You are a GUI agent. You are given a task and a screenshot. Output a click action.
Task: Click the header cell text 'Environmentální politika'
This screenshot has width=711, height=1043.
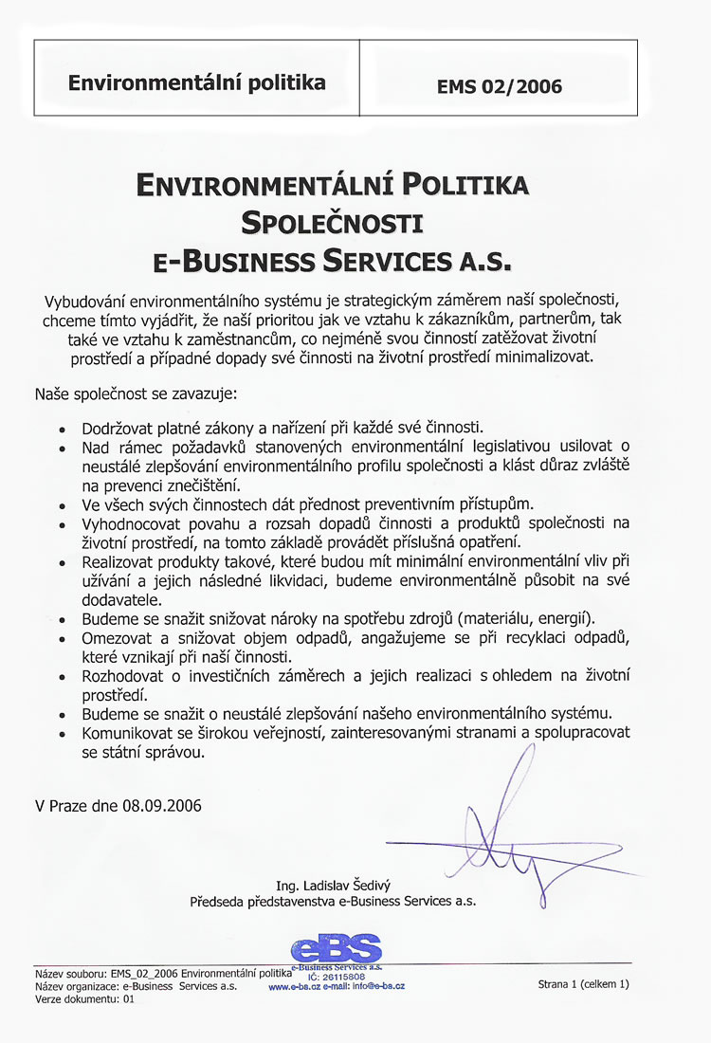[196, 82]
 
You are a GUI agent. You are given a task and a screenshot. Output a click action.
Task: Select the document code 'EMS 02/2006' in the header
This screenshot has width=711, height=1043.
[500, 87]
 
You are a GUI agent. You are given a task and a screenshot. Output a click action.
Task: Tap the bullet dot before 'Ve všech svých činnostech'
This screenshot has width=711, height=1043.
[63, 503]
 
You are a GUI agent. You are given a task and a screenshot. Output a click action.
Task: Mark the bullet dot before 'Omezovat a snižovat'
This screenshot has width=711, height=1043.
[63, 637]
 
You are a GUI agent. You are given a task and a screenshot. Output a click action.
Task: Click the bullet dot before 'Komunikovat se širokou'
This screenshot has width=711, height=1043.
[63, 734]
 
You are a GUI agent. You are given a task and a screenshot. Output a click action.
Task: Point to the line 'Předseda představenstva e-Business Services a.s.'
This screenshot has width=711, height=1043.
[332, 901]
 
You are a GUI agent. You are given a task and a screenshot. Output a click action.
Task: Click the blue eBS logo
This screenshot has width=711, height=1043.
[337, 948]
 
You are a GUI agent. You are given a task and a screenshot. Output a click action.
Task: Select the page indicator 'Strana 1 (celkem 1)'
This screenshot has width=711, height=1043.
[583, 984]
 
